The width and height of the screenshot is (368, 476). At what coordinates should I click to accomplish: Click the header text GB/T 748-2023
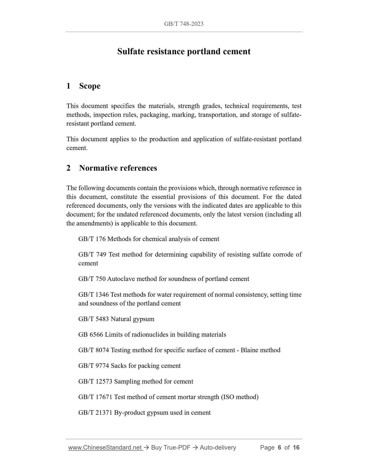184,24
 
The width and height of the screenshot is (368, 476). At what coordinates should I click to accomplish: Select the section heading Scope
90,86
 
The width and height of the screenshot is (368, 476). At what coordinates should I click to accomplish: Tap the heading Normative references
118,168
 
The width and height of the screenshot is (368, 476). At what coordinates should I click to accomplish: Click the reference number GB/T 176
92,239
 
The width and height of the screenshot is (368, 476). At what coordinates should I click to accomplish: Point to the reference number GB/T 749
92,255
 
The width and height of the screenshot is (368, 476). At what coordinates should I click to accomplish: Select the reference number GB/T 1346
93,295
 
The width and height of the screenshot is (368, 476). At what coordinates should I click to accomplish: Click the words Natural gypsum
132,319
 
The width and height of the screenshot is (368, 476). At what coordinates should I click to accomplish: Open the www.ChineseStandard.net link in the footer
105,447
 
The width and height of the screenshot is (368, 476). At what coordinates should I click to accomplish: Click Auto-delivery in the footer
218,447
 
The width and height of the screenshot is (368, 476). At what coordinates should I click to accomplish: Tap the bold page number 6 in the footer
279,447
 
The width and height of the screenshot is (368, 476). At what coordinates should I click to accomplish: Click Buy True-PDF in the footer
171,447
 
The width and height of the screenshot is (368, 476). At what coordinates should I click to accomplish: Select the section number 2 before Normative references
68,168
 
